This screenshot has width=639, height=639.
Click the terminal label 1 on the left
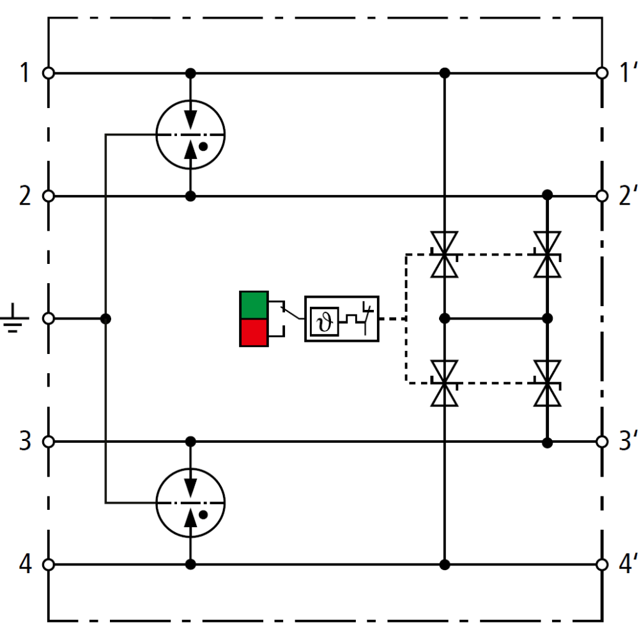pos(24,73)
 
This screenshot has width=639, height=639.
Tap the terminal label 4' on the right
pos(620,565)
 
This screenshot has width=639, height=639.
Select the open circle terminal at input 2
pos(48,196)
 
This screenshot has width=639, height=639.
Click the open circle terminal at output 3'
pos(601,442)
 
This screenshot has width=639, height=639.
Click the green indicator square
pos(254,305)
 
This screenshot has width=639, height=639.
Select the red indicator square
pos(254,332)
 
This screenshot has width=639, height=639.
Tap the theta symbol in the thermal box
pos(325,321)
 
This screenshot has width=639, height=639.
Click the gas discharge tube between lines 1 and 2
pos(190,135)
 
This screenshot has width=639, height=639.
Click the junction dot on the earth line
pos(106,318)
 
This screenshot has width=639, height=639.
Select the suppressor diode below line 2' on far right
pos(548,254)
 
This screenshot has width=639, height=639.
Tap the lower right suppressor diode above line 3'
pos(548,383)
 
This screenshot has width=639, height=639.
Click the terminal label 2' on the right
pos(620,196)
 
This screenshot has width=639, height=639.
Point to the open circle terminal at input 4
pos(48,565)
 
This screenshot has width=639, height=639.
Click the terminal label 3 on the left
pos(24,442)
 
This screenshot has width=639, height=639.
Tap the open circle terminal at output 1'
pos(601,73)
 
